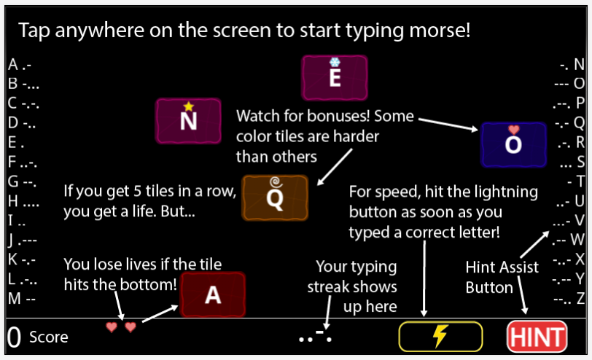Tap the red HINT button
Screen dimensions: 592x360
[x=537, y=337]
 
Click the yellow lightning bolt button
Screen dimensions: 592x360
[x=440, y=336]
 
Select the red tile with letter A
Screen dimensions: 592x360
[x=212, y=294]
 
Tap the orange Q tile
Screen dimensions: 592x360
[x=275, y=197]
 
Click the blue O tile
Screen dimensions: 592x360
[x=513, y=144]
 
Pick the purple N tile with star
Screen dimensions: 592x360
[x=188, y=120]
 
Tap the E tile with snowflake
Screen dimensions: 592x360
[x=335, y=77]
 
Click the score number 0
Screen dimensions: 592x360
[x=13, y=337]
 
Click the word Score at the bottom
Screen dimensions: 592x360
[x=48, y=337]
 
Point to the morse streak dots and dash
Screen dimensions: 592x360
[x=315, y=337]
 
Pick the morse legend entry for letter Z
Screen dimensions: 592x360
[x=569, y=298]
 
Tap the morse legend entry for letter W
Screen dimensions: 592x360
[x=569, y=240]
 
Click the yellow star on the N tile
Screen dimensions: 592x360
[x=188, y=106]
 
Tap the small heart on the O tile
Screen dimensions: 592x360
[x=513, y=130]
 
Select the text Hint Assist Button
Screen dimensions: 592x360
[x=502, y=277]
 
